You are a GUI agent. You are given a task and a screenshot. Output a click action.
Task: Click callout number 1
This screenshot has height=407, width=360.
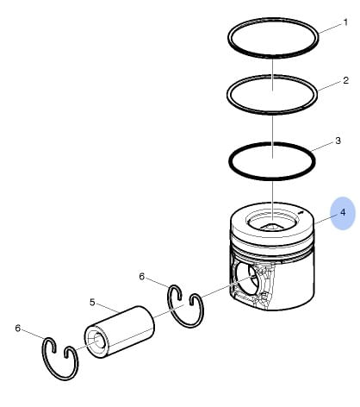(345, 22)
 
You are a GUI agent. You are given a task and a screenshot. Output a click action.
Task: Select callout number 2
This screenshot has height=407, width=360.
(345, 80)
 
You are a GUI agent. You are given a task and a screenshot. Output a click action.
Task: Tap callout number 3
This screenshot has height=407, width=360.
(338, 141)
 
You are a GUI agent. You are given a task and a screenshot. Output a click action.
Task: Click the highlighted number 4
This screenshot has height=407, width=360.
(343, 212)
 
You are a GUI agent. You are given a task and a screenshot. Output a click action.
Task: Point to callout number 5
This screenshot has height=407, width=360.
(92, 303)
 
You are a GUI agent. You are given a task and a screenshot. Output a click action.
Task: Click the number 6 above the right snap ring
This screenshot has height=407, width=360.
(142, 277)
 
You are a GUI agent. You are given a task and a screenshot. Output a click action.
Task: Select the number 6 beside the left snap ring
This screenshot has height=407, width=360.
(18, 328)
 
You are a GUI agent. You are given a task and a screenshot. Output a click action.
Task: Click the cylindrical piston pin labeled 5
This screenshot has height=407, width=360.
(120, 332)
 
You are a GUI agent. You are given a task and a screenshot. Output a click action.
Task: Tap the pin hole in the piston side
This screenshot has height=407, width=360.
(245, 279)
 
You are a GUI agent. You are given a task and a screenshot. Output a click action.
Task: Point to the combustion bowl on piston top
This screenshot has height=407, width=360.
(270, 222)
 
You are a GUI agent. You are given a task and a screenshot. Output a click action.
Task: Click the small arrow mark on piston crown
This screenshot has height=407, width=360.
(301, 213)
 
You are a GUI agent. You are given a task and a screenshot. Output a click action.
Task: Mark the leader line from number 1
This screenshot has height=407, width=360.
(331, 28)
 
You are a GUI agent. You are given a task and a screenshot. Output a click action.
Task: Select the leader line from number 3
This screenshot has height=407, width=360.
(322, 147)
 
